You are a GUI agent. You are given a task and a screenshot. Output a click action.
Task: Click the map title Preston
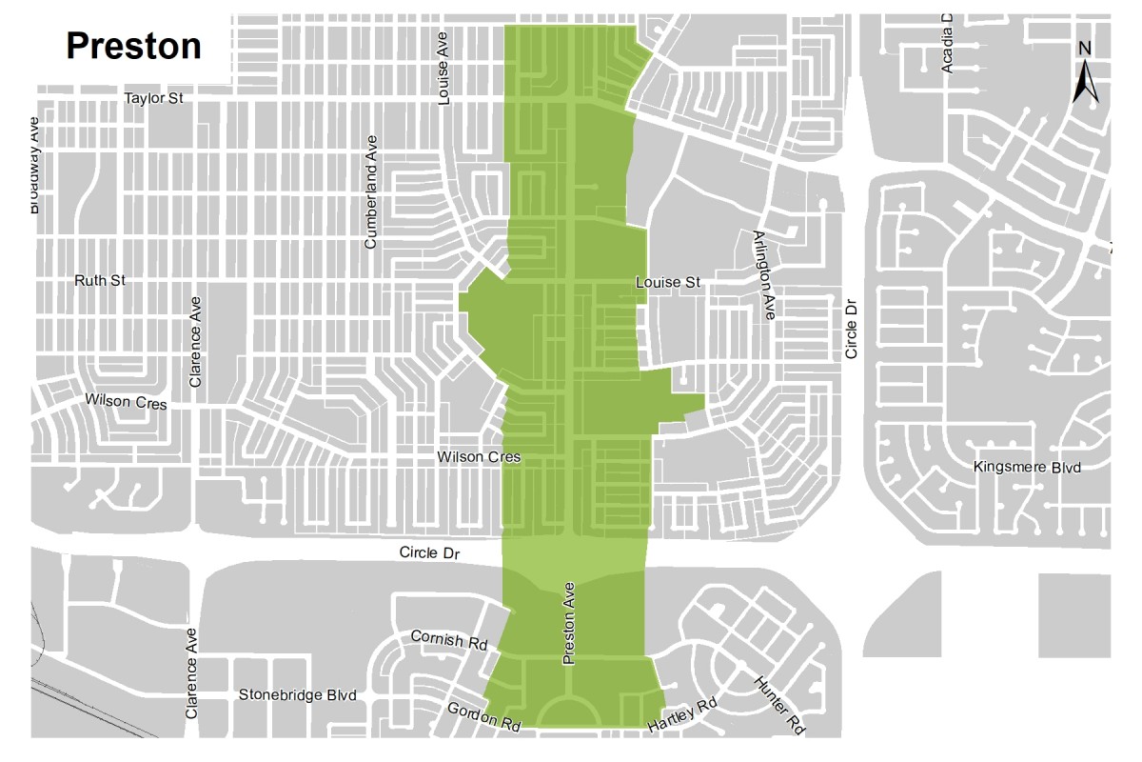coord(133,46)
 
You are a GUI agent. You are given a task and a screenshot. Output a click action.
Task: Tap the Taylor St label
coord(154,98)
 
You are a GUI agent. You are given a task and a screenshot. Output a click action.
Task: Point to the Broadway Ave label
coord(34,164)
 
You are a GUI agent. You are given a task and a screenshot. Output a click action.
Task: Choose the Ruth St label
coord(100,281)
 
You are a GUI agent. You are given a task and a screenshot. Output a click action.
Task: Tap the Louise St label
coord(668,283)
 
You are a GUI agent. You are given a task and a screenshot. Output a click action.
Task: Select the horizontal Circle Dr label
coord(431,552)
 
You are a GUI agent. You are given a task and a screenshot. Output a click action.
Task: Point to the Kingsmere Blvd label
coord(1028,468)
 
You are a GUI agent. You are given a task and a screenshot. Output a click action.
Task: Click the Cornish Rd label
coord(449,639)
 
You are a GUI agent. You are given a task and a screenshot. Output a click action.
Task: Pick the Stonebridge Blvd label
coord(298,695)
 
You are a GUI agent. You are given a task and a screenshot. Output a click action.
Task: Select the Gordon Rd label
coord(485,717)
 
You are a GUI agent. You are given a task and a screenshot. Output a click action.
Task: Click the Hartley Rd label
coord(680,716)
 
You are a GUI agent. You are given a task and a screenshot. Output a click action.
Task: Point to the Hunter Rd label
coord(779,705)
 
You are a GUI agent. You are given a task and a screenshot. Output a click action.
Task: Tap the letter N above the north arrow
coord(1085,50)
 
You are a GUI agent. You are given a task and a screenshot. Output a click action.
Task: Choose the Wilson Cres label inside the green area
coord(479,457)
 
